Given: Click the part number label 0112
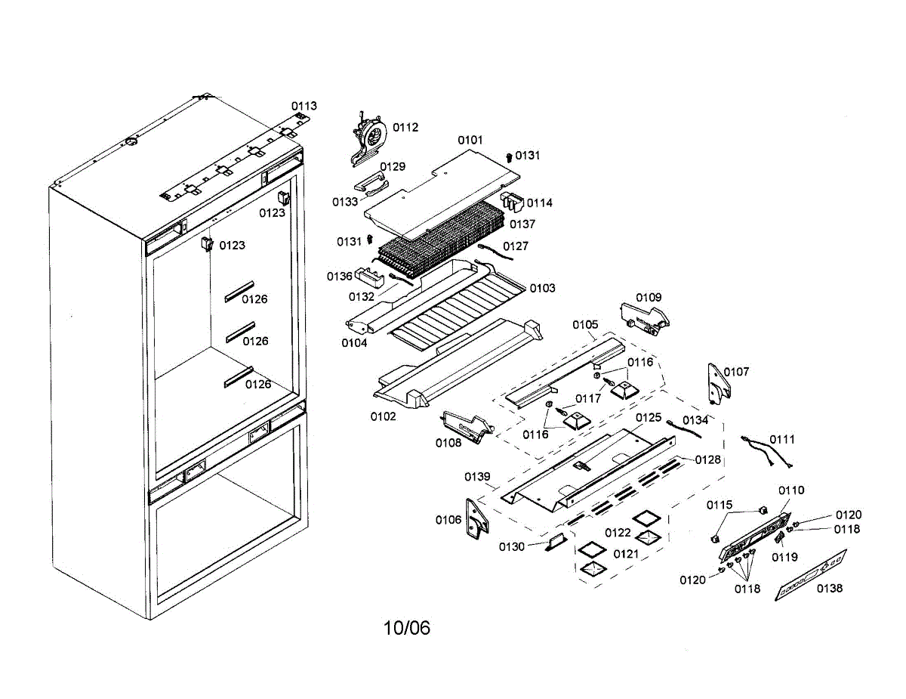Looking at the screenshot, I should click(405, 128).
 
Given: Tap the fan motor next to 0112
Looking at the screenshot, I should click(369, 137).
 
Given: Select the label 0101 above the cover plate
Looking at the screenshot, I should click(470, 141).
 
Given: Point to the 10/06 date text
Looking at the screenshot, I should click(407, 628).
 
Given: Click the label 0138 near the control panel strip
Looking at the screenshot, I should click(830, 589).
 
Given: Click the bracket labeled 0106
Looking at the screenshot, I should click(476, 519).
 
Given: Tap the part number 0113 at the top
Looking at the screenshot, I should click(305, 107).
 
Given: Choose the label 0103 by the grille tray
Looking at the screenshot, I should click(542, 288).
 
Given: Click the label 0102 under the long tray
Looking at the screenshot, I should click(383, 416).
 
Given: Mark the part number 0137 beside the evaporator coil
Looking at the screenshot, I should click(522, 224).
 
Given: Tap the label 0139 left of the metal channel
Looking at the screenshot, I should click(478, 477).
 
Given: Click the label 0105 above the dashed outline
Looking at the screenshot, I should click(585, 325).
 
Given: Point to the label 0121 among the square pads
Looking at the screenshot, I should click(626, 554).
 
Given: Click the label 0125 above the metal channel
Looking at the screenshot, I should click(648, 417).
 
